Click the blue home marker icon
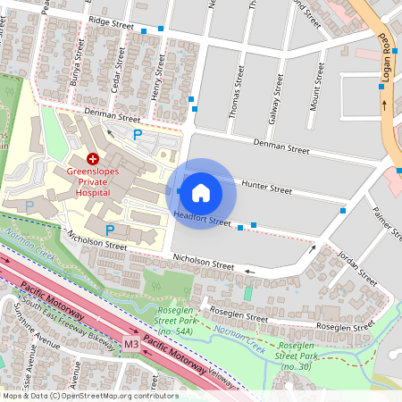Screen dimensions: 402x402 tap(201, 192)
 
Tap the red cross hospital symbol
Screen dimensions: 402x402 tap(92, 157)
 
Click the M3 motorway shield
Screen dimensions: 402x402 tap(131, 342)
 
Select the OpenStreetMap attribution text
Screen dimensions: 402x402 tap(89, 396)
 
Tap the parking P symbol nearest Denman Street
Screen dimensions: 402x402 tap(137, 135)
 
